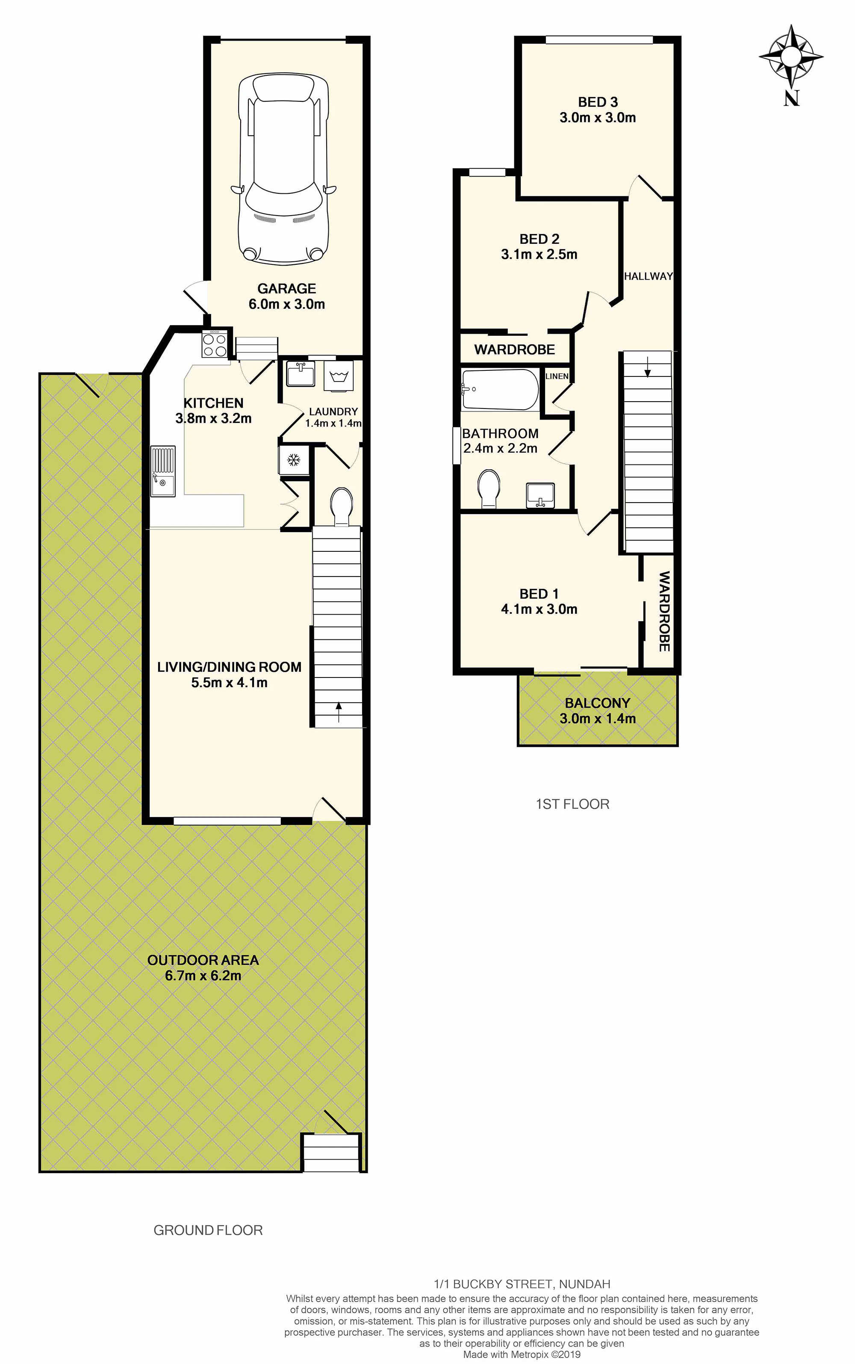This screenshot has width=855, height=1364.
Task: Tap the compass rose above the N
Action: click(x=790, y=56)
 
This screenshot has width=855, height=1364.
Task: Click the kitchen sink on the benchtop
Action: click(x=163, y=471)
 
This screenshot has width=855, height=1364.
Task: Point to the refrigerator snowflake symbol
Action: click(x=294, y=460)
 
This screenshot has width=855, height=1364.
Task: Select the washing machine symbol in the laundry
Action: click(x=339, y=376)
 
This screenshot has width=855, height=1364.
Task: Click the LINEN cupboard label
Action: click(x=557, y=376)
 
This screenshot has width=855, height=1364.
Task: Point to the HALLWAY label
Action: click(x=649, y=276)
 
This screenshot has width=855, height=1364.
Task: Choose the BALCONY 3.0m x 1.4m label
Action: click(x=598, y=710)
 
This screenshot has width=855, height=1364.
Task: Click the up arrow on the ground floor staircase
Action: click(x=339, y=712)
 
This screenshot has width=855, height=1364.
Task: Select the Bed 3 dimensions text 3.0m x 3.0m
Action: click(x=598, y=118)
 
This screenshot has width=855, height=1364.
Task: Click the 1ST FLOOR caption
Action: click(x=572, y=804)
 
